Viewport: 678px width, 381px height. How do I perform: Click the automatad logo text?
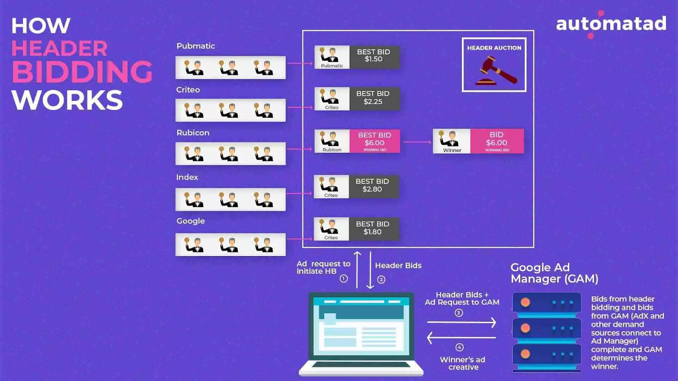coord(611,24)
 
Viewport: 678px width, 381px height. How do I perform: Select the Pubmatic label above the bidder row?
coord(196,46)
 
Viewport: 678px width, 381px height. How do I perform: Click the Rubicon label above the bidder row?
coord(193,133)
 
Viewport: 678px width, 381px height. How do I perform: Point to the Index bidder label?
coord(187,177)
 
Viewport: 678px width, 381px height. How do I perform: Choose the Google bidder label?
coord(190,221)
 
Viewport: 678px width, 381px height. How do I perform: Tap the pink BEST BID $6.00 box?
coord(375,141)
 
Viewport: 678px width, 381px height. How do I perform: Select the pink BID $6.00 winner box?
coord(497,141)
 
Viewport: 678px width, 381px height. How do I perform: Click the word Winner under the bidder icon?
coord(452,150)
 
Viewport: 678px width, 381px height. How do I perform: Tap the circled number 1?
coord(344,279)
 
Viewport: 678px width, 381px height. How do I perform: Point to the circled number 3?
coord(458,313)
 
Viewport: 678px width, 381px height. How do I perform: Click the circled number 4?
coord(459,347)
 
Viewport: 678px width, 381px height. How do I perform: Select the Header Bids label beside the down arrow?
coord(398,265)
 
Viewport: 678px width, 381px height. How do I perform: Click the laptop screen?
coord(361,326)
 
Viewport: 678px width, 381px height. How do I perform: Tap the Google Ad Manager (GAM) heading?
coord(554,273)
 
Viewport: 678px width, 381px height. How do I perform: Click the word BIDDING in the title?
coord(82,72)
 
